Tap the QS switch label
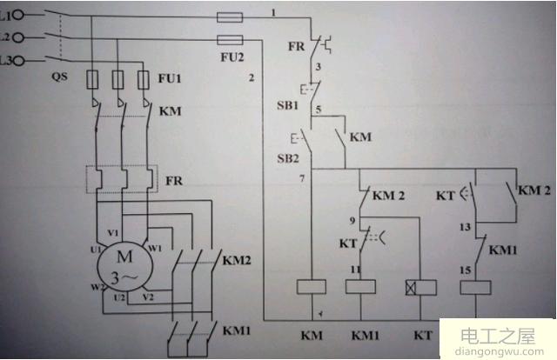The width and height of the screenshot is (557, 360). pyautogui.click(x=59, y=77)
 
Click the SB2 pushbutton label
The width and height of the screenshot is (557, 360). pyautogui.click(x=287, y=157)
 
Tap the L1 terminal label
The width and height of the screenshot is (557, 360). pyautogui.click(x=8, y=15)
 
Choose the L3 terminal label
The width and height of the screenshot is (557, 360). pyautogui.click(x=8, y=60)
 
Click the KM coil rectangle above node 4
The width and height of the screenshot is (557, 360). pyautogui.click(x=311, y=286)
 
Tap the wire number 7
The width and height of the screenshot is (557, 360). pyautogui.click(x=301, y=178)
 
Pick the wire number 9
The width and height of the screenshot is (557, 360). pyautogui.click(x=352, y=221)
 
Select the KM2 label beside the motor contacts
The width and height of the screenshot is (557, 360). pyautogui.click(x=236, y=260)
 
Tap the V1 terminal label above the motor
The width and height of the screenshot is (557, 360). pyautogui.click(x=112, y=233)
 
